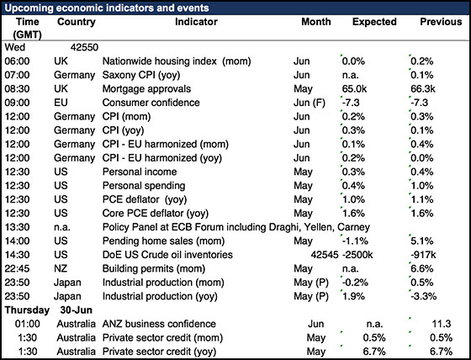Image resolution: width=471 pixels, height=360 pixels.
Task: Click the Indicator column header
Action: (x=196, y=22)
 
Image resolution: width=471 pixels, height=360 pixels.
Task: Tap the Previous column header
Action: (x=441, y=22)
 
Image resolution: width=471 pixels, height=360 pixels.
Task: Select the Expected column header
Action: (x=374, y=22)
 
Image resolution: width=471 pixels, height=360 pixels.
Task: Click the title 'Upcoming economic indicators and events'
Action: (x=107, y=8)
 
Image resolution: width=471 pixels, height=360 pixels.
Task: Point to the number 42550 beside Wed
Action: (x=84, y=47)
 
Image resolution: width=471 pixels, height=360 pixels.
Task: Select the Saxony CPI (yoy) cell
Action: (x=141, y=75)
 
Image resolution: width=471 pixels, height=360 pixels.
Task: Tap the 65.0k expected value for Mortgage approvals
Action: (x=354, y=88)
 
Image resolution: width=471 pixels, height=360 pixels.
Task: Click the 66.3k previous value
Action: (x=423, y=88)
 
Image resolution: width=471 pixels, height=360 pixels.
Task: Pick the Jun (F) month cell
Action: (x=310, y=103)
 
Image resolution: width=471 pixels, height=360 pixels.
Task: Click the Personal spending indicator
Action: (x=144, y=186)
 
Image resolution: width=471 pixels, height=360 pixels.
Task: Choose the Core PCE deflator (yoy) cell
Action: (x=156, y=214)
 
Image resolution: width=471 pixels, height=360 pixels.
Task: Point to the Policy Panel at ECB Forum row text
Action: (x=236, y=227)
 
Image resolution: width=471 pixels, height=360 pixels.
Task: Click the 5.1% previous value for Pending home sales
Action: (x=422, y=241)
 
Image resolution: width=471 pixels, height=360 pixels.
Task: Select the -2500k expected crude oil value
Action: (x=357, y=255)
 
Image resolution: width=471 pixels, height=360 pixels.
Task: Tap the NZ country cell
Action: (x=61, y=268)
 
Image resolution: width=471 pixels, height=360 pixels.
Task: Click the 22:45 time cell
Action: (x=17, y=268)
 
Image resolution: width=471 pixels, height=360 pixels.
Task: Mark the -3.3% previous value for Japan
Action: (x=424, y=296)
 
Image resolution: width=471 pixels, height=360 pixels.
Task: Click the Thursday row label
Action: (x=27, y=310)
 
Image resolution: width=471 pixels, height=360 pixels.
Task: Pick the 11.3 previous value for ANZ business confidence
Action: (x=442, y=324)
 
